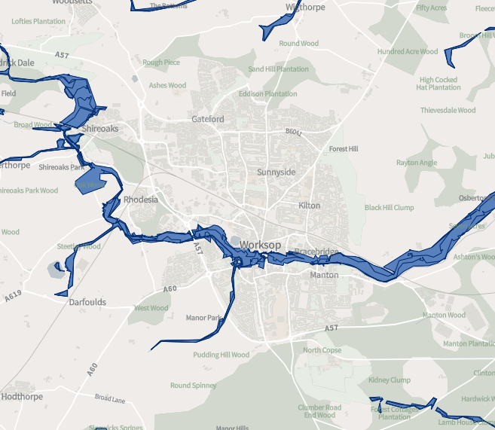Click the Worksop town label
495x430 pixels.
pyautogui.click(x=261, y=245)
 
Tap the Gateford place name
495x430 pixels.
pyautogui.click(x=208, y=119)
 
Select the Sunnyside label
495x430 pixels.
pyautogui.click(x=277, y=172)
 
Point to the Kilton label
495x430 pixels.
pyautogui.click(x=309, y=206)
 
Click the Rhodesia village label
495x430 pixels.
pyautogui.click(x=141, y=200)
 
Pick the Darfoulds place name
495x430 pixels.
pyautogui.click(x=87, y=303)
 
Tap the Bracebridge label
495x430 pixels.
pyautogui.click(x=316, y=252)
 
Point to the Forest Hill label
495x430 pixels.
pyautogui.click(x=344, y=149)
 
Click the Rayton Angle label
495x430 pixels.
pyautogui.click(x=417, y=163)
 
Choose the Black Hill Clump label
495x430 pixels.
pyautogui.click(x=390, y=208)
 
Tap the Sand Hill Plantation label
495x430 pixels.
pyautogui.click(x=278, y=69)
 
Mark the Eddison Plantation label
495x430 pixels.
pyautogui.click(x=267, y=94)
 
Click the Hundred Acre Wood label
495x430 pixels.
pyautogui.click(x=408, y=52)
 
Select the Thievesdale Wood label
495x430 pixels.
pyautogui.click(x=448, y=110)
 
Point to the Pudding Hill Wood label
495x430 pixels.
pyautogui.click(x=221, y=355)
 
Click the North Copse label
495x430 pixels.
pyautogui.click(x=322, y=350)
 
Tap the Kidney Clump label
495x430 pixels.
pyautogui.click(x=389, y=380)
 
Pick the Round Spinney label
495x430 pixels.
pyautogui.click(x=193, y=386)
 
